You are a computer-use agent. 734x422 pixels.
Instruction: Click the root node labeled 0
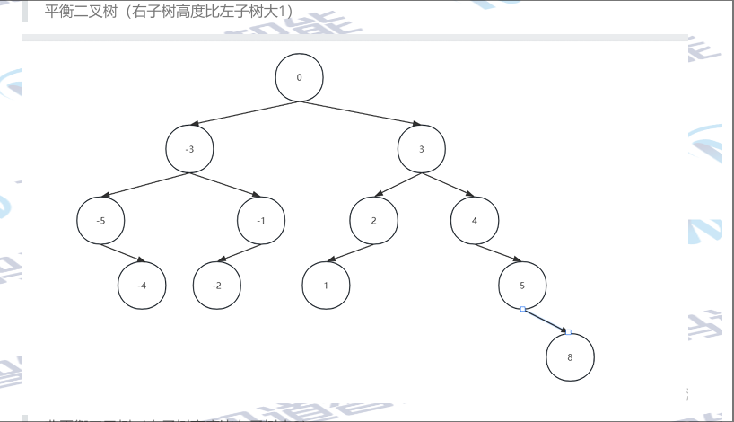pyautogui.click(x=299, y=77)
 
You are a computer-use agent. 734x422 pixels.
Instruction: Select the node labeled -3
pyautogui.click(x=189, y=149)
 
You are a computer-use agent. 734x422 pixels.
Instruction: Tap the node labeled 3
pyautogui.click(x=421, y=149)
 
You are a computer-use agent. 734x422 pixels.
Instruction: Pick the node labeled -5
pyautogui.click(x=101, y=219)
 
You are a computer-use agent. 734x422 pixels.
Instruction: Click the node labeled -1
pyautogui.click(x=260, y=219)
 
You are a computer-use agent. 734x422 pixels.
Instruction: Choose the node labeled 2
pyautogui.click(x=372, y=219)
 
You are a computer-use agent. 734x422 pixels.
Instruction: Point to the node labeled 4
pyautogui.click(x=474, y=219)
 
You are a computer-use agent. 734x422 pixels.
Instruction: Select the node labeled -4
pyautogui.click(x=142, y=286)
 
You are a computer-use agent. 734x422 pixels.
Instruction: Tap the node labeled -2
pyautogui.click(x=217, y=286)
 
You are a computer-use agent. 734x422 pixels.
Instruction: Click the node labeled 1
pyautogui.click(x=325, y=286)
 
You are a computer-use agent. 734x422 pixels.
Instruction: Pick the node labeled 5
pyautogui.click(x=521, y=286)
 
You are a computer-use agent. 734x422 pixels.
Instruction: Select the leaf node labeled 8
pyautogui.click(x=570, y=356)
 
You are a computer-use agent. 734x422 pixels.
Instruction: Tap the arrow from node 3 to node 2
pyautogui.click(x=398, y=184)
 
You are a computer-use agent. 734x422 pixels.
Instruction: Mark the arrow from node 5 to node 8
pyautogui.click(x=546, y=321)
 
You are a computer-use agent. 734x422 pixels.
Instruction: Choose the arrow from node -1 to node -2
pyautogui.click(x=240, y=252)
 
